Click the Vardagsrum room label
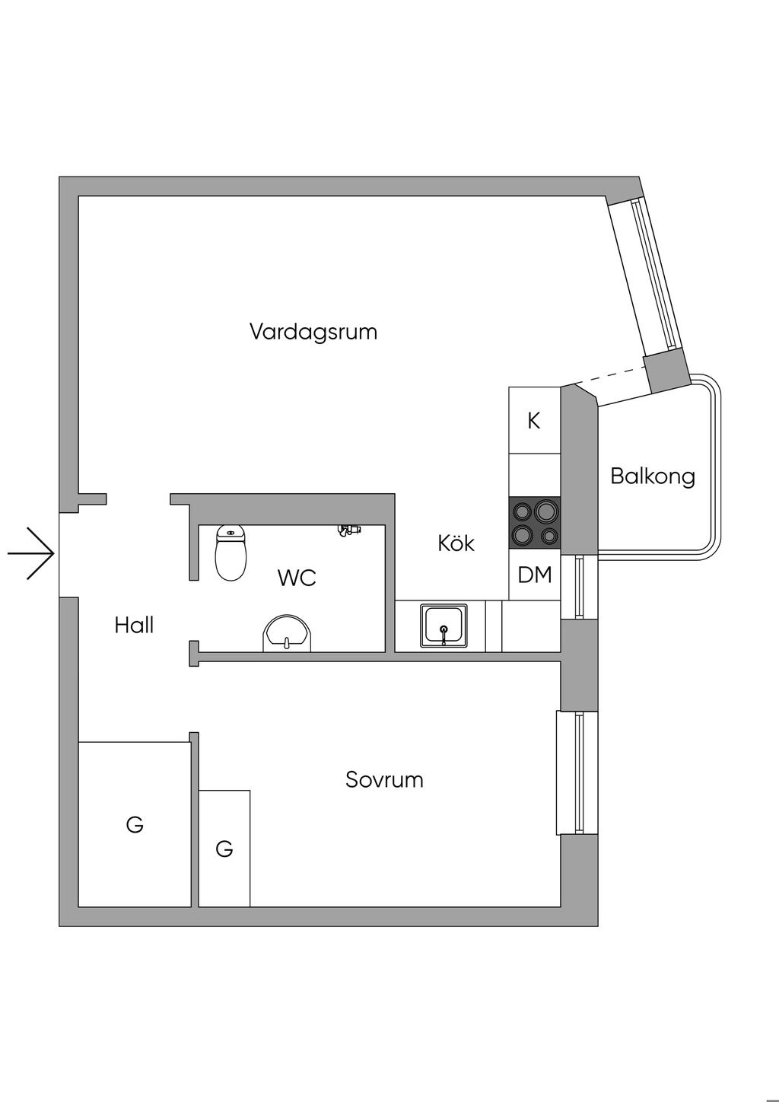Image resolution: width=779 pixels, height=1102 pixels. tap(313, 332)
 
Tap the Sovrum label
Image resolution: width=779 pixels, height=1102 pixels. tap(384, 780)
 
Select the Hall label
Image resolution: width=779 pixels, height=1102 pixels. tap(135, 626)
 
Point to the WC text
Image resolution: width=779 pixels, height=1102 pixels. tap(297, 578)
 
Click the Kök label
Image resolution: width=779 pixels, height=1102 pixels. tap(456, 543)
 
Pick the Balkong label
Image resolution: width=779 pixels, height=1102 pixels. tap(653, 476)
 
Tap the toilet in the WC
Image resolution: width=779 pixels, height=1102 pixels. tap(231, 552)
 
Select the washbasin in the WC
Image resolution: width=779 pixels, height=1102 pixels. tap(288, 633)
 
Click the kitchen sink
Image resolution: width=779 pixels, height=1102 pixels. tap(444, 626)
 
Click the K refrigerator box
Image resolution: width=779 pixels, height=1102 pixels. tap(534, 420)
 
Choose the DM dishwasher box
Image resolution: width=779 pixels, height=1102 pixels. tap(535, 575)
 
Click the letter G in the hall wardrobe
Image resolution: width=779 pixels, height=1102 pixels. tap(135, 824)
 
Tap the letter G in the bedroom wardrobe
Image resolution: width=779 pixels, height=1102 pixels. tap(224, 849)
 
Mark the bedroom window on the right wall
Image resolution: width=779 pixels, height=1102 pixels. tap(578, 772)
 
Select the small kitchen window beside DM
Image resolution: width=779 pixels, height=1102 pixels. tap(580, 587)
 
